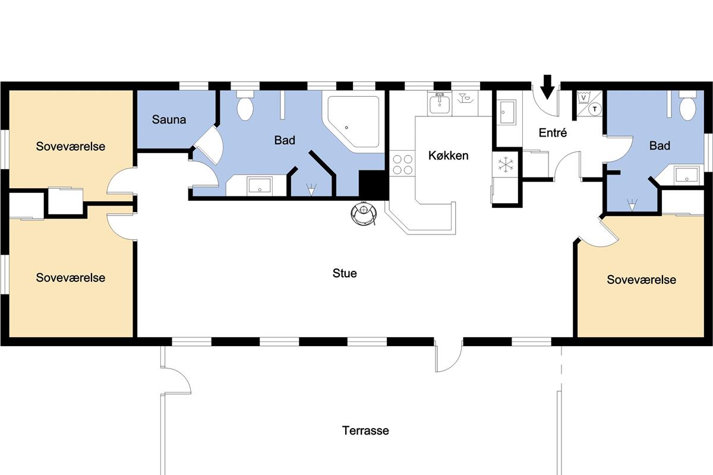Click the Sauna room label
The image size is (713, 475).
(x=169, y=119)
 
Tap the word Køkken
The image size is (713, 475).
(x=448, y=156)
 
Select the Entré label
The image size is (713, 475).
(x=553, y=132)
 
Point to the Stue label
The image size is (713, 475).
(x=345, y=273)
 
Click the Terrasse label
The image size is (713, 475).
(x=365, y=430)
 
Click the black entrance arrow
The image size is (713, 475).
(x=547, y=87)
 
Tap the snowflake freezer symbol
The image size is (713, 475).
(x=506, y=164)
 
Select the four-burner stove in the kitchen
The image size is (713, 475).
(x=402, y=164)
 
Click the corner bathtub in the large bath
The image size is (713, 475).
(x=354, y=121)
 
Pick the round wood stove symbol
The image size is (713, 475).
(x=364, y=213)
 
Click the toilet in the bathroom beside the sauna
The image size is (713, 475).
(x=245, y=106)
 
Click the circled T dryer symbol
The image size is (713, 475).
(x=594, y=109)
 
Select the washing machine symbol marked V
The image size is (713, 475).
(x=583, y=97)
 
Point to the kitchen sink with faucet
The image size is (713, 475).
(x=440, y=103)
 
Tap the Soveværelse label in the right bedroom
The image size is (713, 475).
(x=641, y=280)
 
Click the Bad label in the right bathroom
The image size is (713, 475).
(x=660, y=145)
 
